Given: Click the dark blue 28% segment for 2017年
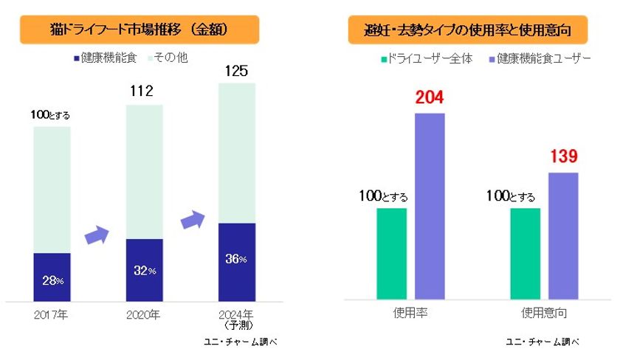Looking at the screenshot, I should [52, 277].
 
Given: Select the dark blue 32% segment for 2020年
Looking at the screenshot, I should [144, 269].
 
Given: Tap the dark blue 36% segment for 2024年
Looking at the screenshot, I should [236, 261].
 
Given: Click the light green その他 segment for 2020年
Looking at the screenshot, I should [144, 171].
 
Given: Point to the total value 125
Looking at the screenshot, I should [236, 72].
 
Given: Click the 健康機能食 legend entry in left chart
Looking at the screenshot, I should [105, 57].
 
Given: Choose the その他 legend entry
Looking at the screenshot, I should [171, 57].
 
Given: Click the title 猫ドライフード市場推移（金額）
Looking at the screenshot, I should [139, 30].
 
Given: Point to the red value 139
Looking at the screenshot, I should [562, 156].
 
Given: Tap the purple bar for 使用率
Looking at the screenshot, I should [430, 207].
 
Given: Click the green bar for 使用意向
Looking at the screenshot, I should [525, 254].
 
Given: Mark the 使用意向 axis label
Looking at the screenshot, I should [544, 313].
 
